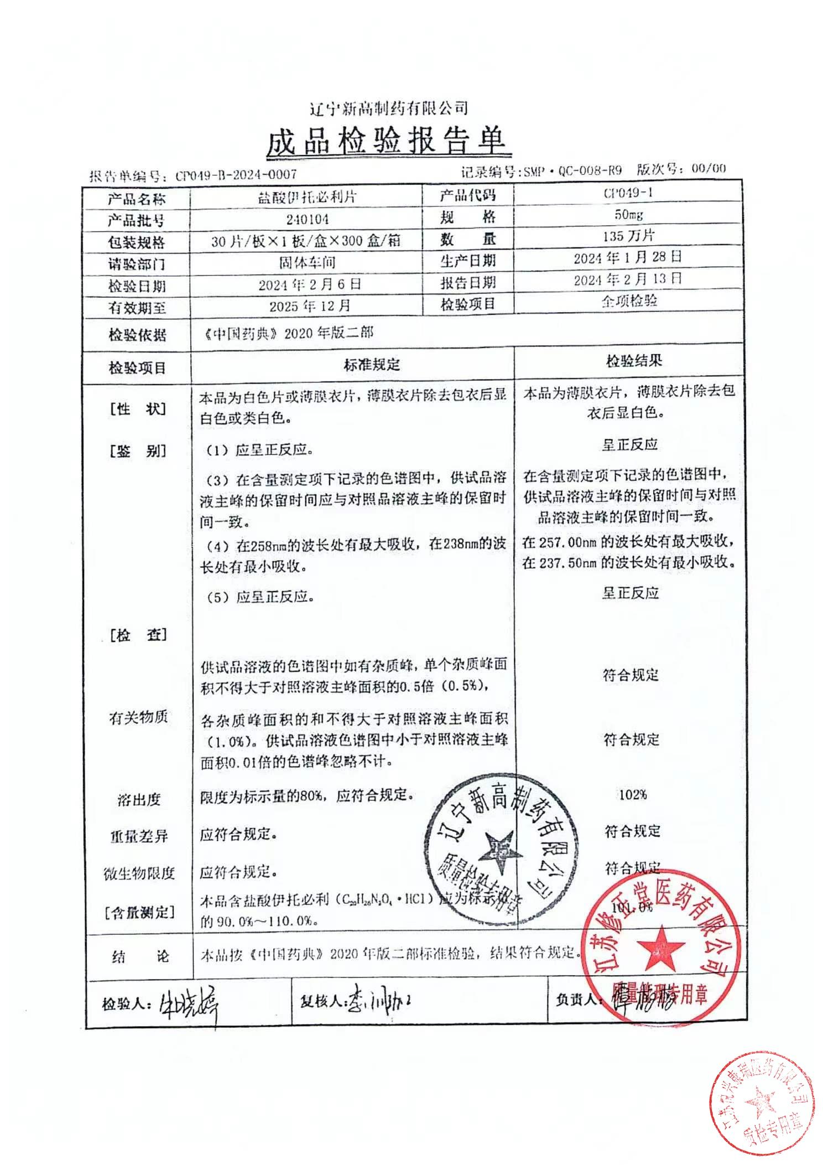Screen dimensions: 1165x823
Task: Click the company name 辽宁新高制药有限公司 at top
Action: tap(389, 108)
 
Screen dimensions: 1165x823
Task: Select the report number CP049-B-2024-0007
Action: tap(236, 175)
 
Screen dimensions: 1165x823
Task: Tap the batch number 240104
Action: tap(308, 219)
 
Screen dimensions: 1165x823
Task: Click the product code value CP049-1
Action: tap(628, 193)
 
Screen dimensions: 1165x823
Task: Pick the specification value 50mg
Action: tap(628, 215)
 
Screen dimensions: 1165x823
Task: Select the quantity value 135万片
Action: tap(628, 236)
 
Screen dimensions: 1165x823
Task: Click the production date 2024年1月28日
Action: tap(628, 257)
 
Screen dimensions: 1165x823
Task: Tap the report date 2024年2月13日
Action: tap(628, 279)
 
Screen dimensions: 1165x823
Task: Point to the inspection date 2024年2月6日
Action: tap(310, 284)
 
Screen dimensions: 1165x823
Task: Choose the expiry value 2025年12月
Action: tap(310, 306)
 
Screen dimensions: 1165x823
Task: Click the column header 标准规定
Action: tap(372, 364)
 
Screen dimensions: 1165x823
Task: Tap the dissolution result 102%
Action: tap(633, 795)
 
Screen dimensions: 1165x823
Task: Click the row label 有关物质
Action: tap(138, 718)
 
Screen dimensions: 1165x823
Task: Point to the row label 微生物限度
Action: tap(139, 874)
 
